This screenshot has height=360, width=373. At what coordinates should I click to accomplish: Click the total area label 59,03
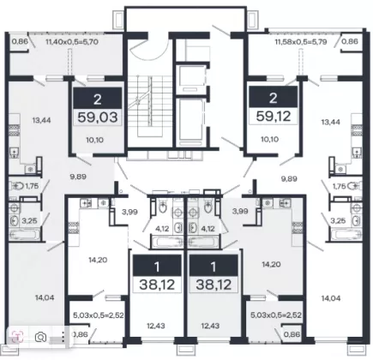(x=98, y=117)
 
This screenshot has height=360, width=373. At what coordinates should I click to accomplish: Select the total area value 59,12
(x=274, y=116)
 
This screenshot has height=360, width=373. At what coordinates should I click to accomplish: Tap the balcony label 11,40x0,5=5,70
(x=72, y=42)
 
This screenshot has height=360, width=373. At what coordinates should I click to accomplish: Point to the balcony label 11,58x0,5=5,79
(x=301, y=42)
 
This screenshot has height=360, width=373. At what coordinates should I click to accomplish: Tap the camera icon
(x=40, y=337)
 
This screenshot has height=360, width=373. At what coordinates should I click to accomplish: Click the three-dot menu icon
(x=63, y=337)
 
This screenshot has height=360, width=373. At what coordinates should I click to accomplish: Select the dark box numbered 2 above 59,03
(x=98, y=99)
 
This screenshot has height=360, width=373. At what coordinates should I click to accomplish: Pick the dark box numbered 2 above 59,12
(x=274, y=98)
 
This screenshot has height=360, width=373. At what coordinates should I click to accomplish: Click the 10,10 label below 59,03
(x=94, y=140)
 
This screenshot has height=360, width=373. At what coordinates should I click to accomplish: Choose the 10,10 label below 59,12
(x=270, y=140)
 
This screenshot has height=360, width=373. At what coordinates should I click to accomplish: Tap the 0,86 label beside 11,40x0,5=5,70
(x=20, y=41)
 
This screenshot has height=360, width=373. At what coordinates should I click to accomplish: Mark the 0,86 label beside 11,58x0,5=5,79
(x=350, y=41)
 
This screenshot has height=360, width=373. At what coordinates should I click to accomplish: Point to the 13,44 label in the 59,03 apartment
(x=41, y=120)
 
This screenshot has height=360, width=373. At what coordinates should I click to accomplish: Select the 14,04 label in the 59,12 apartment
(x=331, y=298)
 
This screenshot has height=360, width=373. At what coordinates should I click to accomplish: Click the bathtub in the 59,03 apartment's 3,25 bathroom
(x=23, y=235)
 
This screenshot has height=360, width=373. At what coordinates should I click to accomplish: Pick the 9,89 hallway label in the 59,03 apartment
(x=78, y=177)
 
